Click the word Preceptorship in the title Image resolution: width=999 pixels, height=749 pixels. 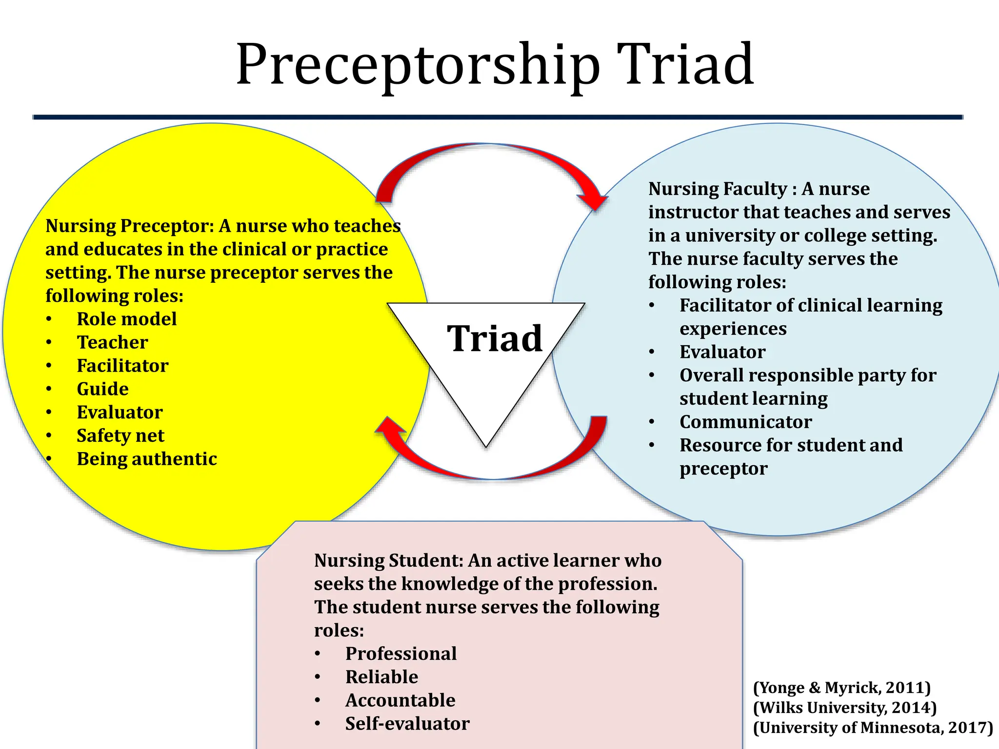417,66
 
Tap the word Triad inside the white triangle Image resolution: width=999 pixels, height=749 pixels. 494,338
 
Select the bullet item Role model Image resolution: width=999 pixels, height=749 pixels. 126,319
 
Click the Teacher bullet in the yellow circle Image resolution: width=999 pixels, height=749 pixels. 112,342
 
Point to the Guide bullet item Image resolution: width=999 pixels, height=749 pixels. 102,389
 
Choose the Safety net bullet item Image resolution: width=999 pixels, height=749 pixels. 120,435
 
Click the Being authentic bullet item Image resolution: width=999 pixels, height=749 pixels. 146,459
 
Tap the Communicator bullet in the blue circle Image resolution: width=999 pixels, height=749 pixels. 745,422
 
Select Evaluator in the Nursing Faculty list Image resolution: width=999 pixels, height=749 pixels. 722,352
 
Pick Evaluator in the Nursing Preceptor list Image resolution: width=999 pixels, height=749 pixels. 120,413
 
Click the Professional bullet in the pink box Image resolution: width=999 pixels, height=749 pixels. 401,654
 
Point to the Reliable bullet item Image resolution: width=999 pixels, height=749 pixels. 381,677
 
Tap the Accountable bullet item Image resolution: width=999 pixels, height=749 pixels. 400,700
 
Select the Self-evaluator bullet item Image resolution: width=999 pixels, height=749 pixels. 407,724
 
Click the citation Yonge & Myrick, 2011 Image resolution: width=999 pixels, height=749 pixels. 842,688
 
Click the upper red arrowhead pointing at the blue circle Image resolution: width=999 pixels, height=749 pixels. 593,199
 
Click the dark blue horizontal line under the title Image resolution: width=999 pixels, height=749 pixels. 498,117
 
